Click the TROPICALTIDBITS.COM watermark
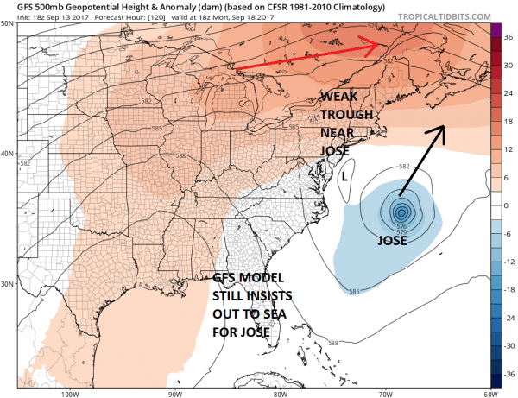coord(451,14)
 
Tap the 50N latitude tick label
coord(9,24)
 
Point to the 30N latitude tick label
coord(9,283)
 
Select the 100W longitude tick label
coord(71,395)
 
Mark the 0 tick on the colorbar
coord(508,206)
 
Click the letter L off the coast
coord(344,176)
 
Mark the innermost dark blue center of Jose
coord(401,212)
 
